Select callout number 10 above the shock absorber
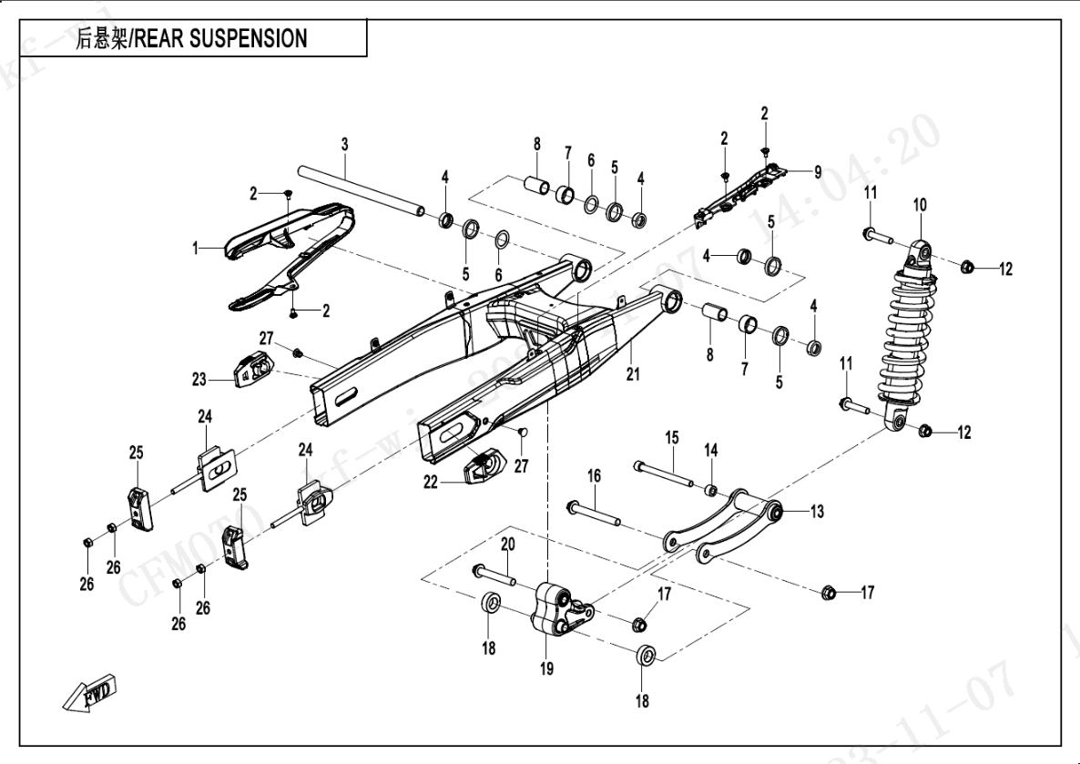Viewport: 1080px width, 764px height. (920, 205)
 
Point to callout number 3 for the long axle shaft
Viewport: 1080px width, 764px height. (345, 144)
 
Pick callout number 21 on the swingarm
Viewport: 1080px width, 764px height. (633, 373)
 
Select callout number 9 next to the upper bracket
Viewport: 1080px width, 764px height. (817, 170)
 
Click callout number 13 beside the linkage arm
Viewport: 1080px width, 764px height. (816, 512)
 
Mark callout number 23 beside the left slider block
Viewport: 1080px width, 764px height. (199, 378)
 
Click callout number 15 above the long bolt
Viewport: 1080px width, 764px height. (671, 438)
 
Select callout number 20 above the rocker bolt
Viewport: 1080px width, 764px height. (507, 544)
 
